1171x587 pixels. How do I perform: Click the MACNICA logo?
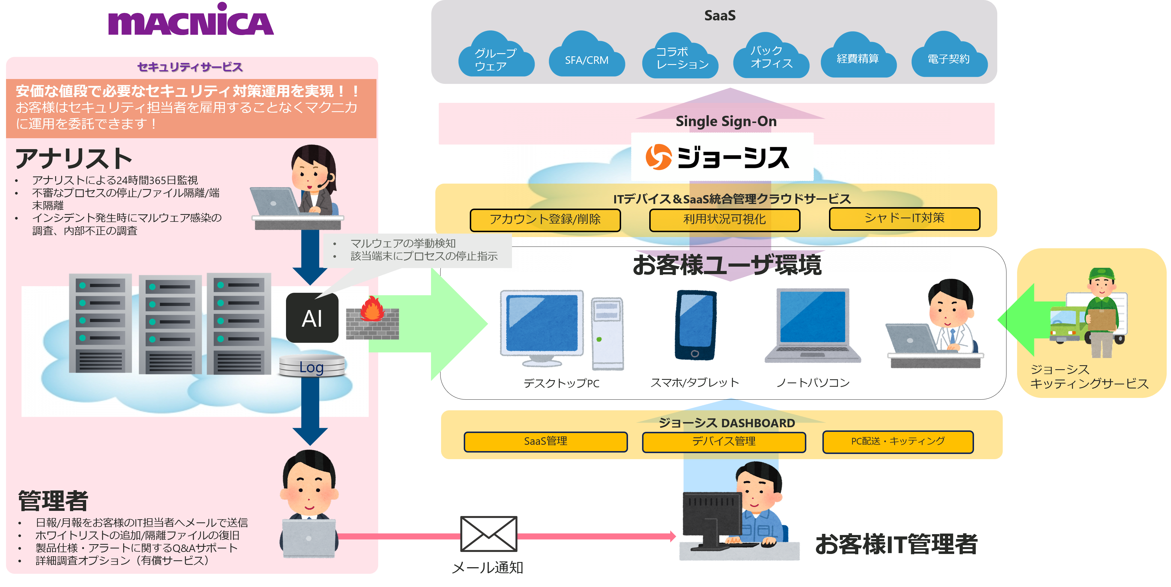[191, 20]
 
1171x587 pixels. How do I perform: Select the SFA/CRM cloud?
[586, 57]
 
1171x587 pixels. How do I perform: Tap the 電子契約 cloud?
[949, 57]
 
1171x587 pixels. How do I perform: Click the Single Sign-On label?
[726, 122]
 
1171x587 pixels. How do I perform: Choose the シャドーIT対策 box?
[904, 219]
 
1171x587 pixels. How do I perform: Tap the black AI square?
[312, 318]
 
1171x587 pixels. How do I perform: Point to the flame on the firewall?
[372, 309]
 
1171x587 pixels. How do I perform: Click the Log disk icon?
[312, 366]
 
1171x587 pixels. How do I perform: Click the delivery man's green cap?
[1102, 274]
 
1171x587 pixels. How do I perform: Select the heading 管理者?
[53, 501]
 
